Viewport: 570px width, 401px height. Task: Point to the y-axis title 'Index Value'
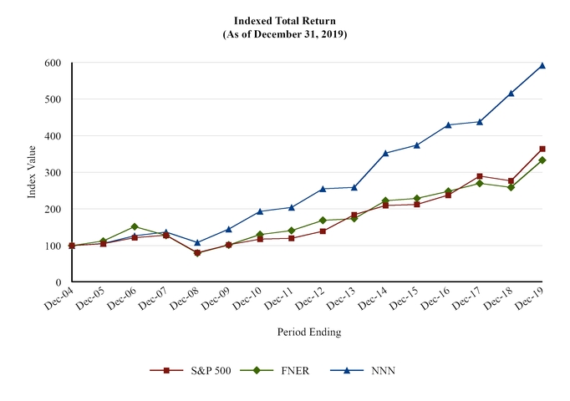(x=32, y=172)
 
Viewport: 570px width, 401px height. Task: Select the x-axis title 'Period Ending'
(x=308, y=332)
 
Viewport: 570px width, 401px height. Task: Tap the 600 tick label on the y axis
(x=53, y=63)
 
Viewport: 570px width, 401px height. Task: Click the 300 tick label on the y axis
(x=53, y=173)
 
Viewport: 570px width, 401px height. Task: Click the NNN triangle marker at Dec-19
(x=542, y=65)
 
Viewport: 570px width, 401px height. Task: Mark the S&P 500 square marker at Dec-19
(x=542, y=149)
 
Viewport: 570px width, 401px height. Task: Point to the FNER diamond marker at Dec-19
(x=542, y=160)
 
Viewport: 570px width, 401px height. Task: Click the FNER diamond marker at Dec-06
(x=135, y=226)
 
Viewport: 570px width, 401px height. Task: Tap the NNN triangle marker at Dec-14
(x=385, y=153)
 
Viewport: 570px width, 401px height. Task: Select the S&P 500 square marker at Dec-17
(x=480, y=176)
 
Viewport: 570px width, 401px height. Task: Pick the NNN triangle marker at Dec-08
(x=197, y=243)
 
